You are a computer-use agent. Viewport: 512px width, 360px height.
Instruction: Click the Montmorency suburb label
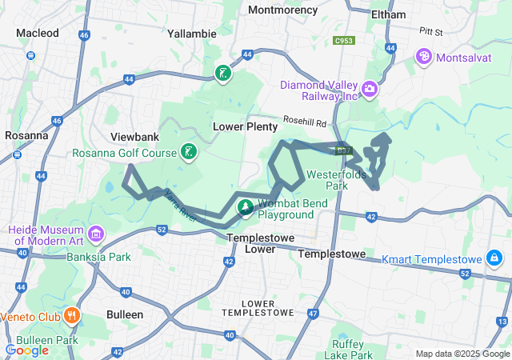pyautogui.click(x=282, y=10)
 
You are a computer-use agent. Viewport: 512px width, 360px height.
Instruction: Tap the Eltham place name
pyautogui.click(x=388, y=14)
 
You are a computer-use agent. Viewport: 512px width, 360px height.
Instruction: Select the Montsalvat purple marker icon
pyautogui.click(x=422, y=57)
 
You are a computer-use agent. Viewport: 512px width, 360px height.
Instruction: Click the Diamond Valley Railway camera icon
pyautogui.click(x=369, y=88)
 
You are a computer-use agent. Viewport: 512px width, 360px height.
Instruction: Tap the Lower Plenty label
pyautogui.click(x=245, y=126)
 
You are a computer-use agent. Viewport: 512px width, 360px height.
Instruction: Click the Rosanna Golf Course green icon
pyautogui.click(x=188, y=152)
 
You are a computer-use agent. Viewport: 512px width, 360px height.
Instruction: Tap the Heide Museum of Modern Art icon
pyautogui.click(x=96, y=234)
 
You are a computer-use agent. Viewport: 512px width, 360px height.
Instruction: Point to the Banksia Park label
pyautogui.click(x=108, y=257)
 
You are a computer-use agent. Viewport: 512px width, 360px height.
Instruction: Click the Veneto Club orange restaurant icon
pyautogui.click(x=72, y=314)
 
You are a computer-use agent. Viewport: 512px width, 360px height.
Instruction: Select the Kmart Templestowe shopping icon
pyautogui.click(x=494, y=258)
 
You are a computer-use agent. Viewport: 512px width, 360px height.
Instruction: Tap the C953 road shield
pyautogui.click(x=345, y=39)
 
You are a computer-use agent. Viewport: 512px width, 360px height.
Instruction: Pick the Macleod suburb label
pyautogui.click(x=38, y=33)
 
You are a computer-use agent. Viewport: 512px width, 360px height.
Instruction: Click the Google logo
pyautogui.click(x=26, y=350)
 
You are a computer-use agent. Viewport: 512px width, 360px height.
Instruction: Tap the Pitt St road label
pyautogui.click(x=430, y=32)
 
